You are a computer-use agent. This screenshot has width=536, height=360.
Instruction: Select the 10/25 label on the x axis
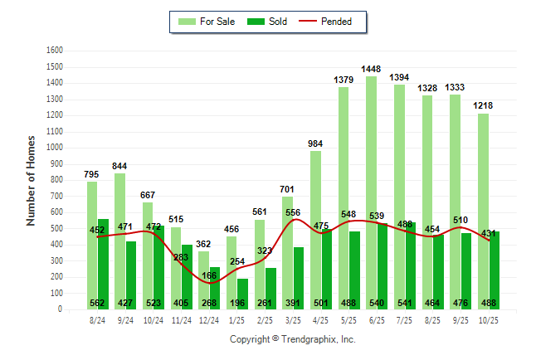(x=489, y=319)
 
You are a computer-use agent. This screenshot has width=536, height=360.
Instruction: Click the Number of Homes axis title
(x=32, y=180)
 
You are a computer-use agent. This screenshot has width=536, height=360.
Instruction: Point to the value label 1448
(x=371, y=68)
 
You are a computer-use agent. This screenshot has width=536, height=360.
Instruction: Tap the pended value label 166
(x=209, y=253)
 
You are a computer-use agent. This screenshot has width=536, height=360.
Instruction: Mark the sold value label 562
(x=98, y=303)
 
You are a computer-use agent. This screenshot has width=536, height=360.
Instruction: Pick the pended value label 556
(x=293, y=212)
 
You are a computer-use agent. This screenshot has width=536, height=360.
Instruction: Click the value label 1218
(x=483, y=105)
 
